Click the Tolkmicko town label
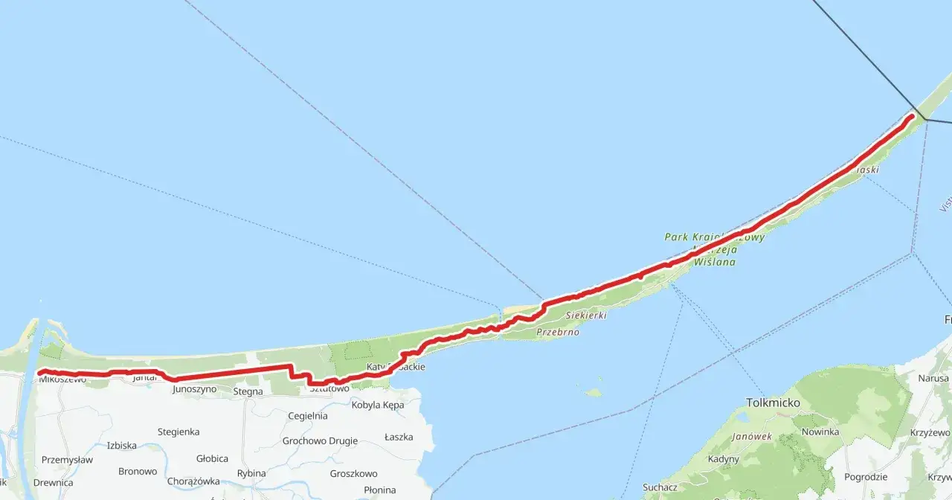point(773,403)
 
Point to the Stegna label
point(248,391)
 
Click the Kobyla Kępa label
point(378,405)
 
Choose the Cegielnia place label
point(307,416)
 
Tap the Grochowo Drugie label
point(320,440)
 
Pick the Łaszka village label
point(399,437)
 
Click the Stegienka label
point(178,432)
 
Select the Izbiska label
point(121,446)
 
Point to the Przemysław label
point(67,460)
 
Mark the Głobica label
point(213,459)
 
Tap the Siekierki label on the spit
point(586,315)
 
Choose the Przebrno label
point(557,333)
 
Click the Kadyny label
point(724,459)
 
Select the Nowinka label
point(820,432)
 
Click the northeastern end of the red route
point(911,116)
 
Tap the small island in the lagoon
point(593,392)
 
